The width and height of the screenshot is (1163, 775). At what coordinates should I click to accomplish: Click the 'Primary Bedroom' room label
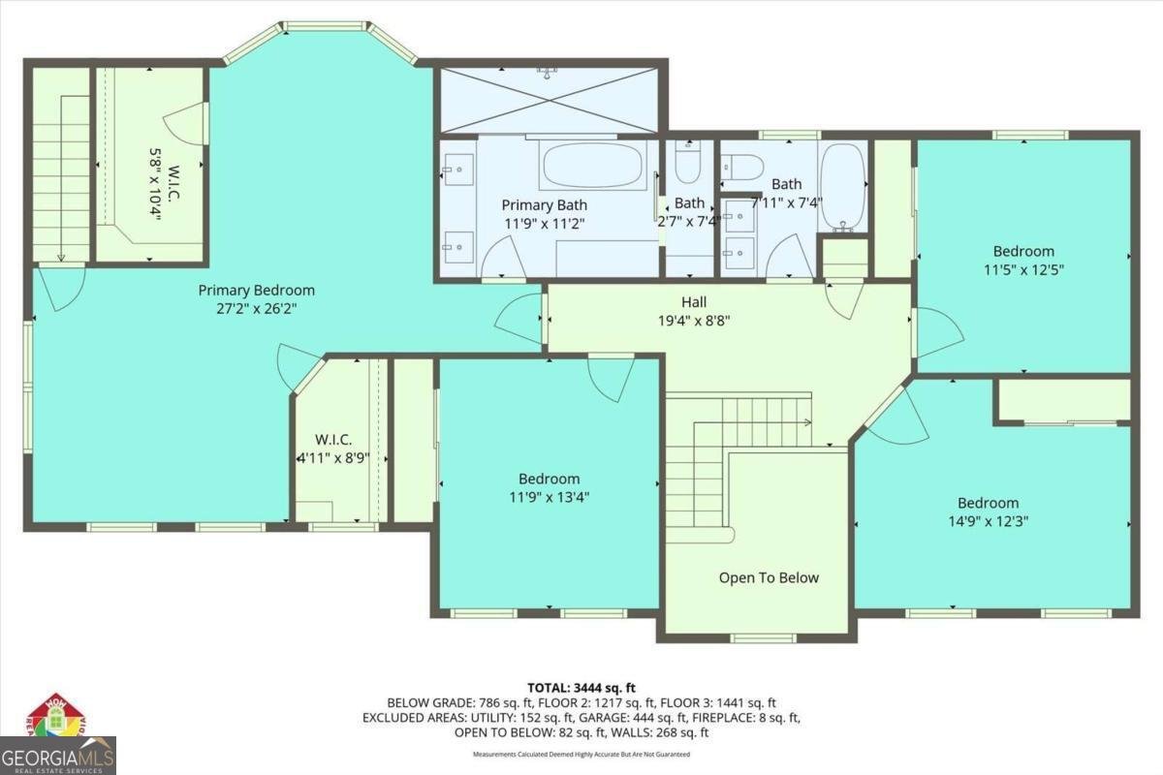pyautogui.click(x=256, y=290)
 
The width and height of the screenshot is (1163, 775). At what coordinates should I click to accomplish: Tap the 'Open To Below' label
pyautogui.click(x=769, y=578)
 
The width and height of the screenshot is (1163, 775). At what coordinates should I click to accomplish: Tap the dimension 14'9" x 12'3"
pyautogui.click(x=988, y=520)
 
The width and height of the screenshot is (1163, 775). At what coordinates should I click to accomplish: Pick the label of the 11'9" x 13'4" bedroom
pyautogui.click(x=549, y=479)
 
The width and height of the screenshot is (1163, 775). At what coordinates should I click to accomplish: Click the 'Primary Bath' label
pyautogui.click(x=544, y=205)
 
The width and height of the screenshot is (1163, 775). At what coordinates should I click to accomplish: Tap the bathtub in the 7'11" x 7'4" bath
pyautogui.click(x=842, y=186)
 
